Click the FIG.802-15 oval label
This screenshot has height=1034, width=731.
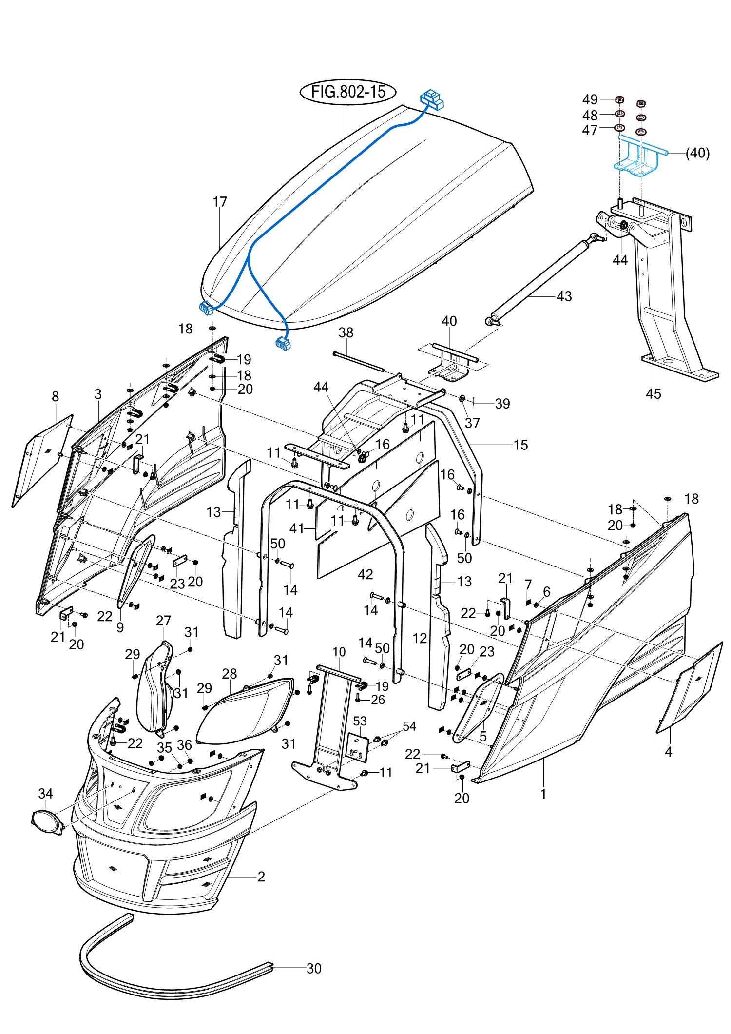(348, 92)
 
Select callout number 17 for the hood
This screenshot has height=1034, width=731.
(220, 202)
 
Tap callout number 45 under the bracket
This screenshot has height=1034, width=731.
(653, 394)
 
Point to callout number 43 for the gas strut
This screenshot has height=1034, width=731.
(564, 296)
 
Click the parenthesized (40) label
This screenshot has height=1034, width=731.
(697, 153)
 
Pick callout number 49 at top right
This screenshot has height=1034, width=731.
(590, 99)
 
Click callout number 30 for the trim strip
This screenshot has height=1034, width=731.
(314, 968)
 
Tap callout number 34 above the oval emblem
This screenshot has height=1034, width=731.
(45, 794)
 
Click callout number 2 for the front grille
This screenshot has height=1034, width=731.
(261, 877)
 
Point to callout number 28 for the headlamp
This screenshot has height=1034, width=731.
(229, 674)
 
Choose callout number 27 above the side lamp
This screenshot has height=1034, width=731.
(163, 621)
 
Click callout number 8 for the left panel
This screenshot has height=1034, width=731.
(55, 396)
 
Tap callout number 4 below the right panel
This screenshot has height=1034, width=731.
(668, 752)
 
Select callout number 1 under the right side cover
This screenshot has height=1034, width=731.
(543, 794)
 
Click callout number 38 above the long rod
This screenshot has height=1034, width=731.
(346, 332)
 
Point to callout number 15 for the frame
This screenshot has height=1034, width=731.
(520, 445)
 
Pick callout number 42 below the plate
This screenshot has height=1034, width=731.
(365, 574)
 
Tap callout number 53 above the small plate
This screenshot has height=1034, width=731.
(360, 721)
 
